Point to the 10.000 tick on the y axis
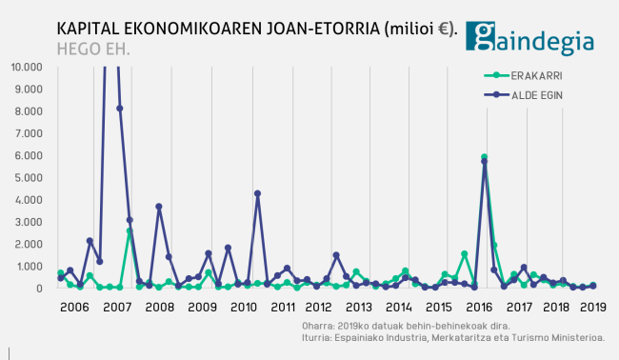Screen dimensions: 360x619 tap(27, 68)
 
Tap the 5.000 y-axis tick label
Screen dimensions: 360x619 tap(29, 178)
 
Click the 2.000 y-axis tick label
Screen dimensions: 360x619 tap(29, 244)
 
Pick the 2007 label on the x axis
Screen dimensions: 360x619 tap(116, 308)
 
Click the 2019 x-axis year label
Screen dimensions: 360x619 tap(593, 308)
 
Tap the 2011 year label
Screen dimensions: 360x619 tap(283, 308)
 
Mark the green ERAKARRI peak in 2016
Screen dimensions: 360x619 tap(484, 157)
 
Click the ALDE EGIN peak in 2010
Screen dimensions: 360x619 tap(257, 193)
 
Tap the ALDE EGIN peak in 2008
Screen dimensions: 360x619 tap(159, 207)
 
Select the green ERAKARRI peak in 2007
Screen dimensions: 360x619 tap(130, 230)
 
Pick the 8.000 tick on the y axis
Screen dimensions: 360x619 tap(29, 111)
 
